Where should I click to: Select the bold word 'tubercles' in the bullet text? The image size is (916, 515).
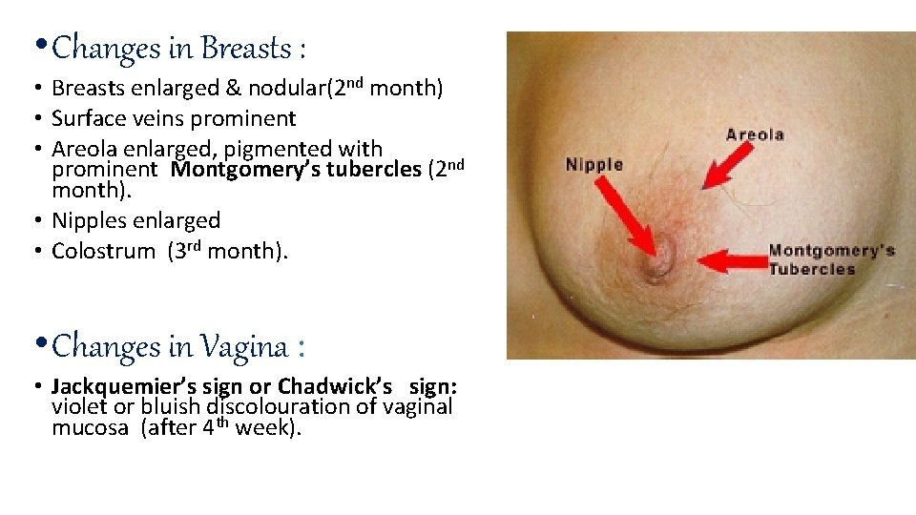coord(375,171)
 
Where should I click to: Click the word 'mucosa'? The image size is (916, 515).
coord(92,428)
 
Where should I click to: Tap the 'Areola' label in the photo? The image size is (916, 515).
coord(754,134)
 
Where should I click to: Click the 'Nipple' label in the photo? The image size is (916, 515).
coord(593,164)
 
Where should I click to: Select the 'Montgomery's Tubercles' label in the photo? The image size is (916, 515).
coord(831,259)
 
